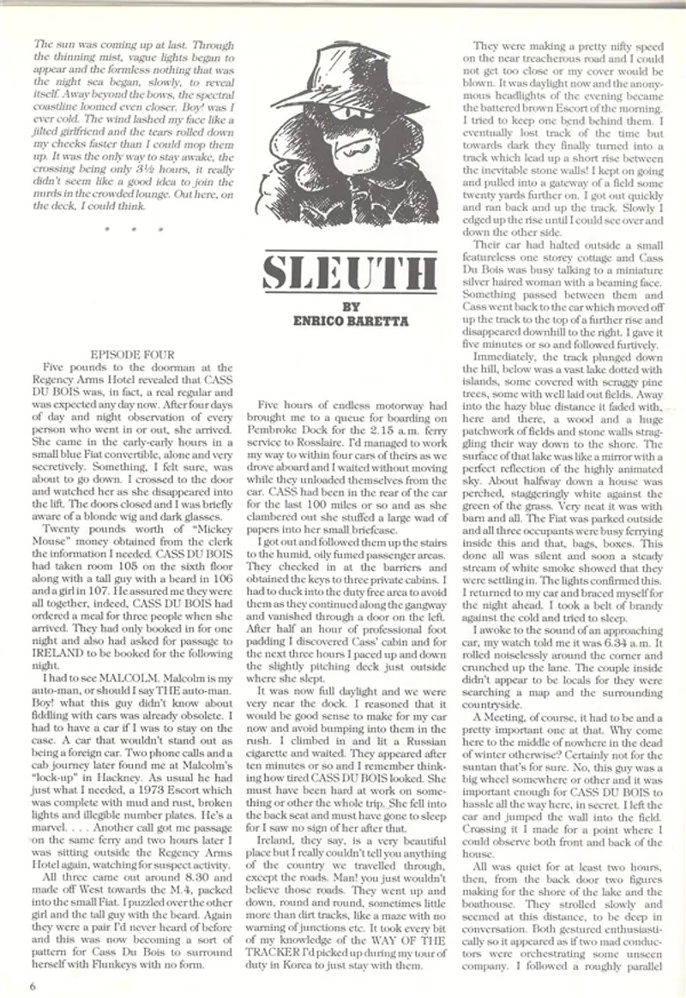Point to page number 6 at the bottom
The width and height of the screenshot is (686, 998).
pos(32,983)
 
